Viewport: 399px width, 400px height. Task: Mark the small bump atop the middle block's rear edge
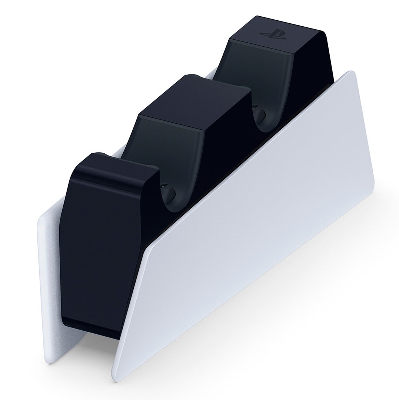[189, 76]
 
